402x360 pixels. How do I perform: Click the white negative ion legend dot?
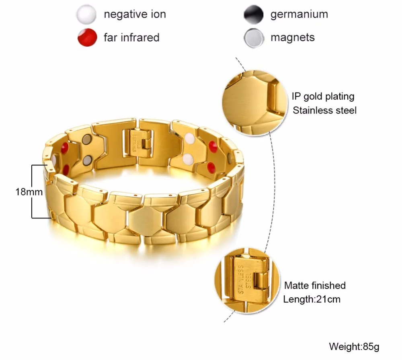pyautogui.click(x=86, y=15)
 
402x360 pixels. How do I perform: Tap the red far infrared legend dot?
pyautogui.click(x=86, y=38)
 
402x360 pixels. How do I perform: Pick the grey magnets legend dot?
pyautogui.click(x=253, y=38)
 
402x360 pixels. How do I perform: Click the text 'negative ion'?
pyautogui.click(x=135, y=15)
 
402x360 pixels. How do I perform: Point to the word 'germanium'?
pyautogui.click(x=299, y=15)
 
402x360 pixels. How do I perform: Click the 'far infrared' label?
pyautogui.click(x=131, y=38)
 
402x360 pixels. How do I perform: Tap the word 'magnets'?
pyautogui.click(x=292, y=38)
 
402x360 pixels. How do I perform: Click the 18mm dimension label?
pyautogui.click(x=29, y=192)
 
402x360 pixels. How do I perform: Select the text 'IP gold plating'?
pyautogui.click(x=323, y=97)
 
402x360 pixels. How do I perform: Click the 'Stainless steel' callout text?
pyautogui.click(x=324, y=110)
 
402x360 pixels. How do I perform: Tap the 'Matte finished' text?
pyautogui.click(x=315, y=286)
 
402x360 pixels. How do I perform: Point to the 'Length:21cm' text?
pyautogui.click(x=312, y=299)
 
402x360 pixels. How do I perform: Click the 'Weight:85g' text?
pyautogui.click(x=354, y=346)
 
